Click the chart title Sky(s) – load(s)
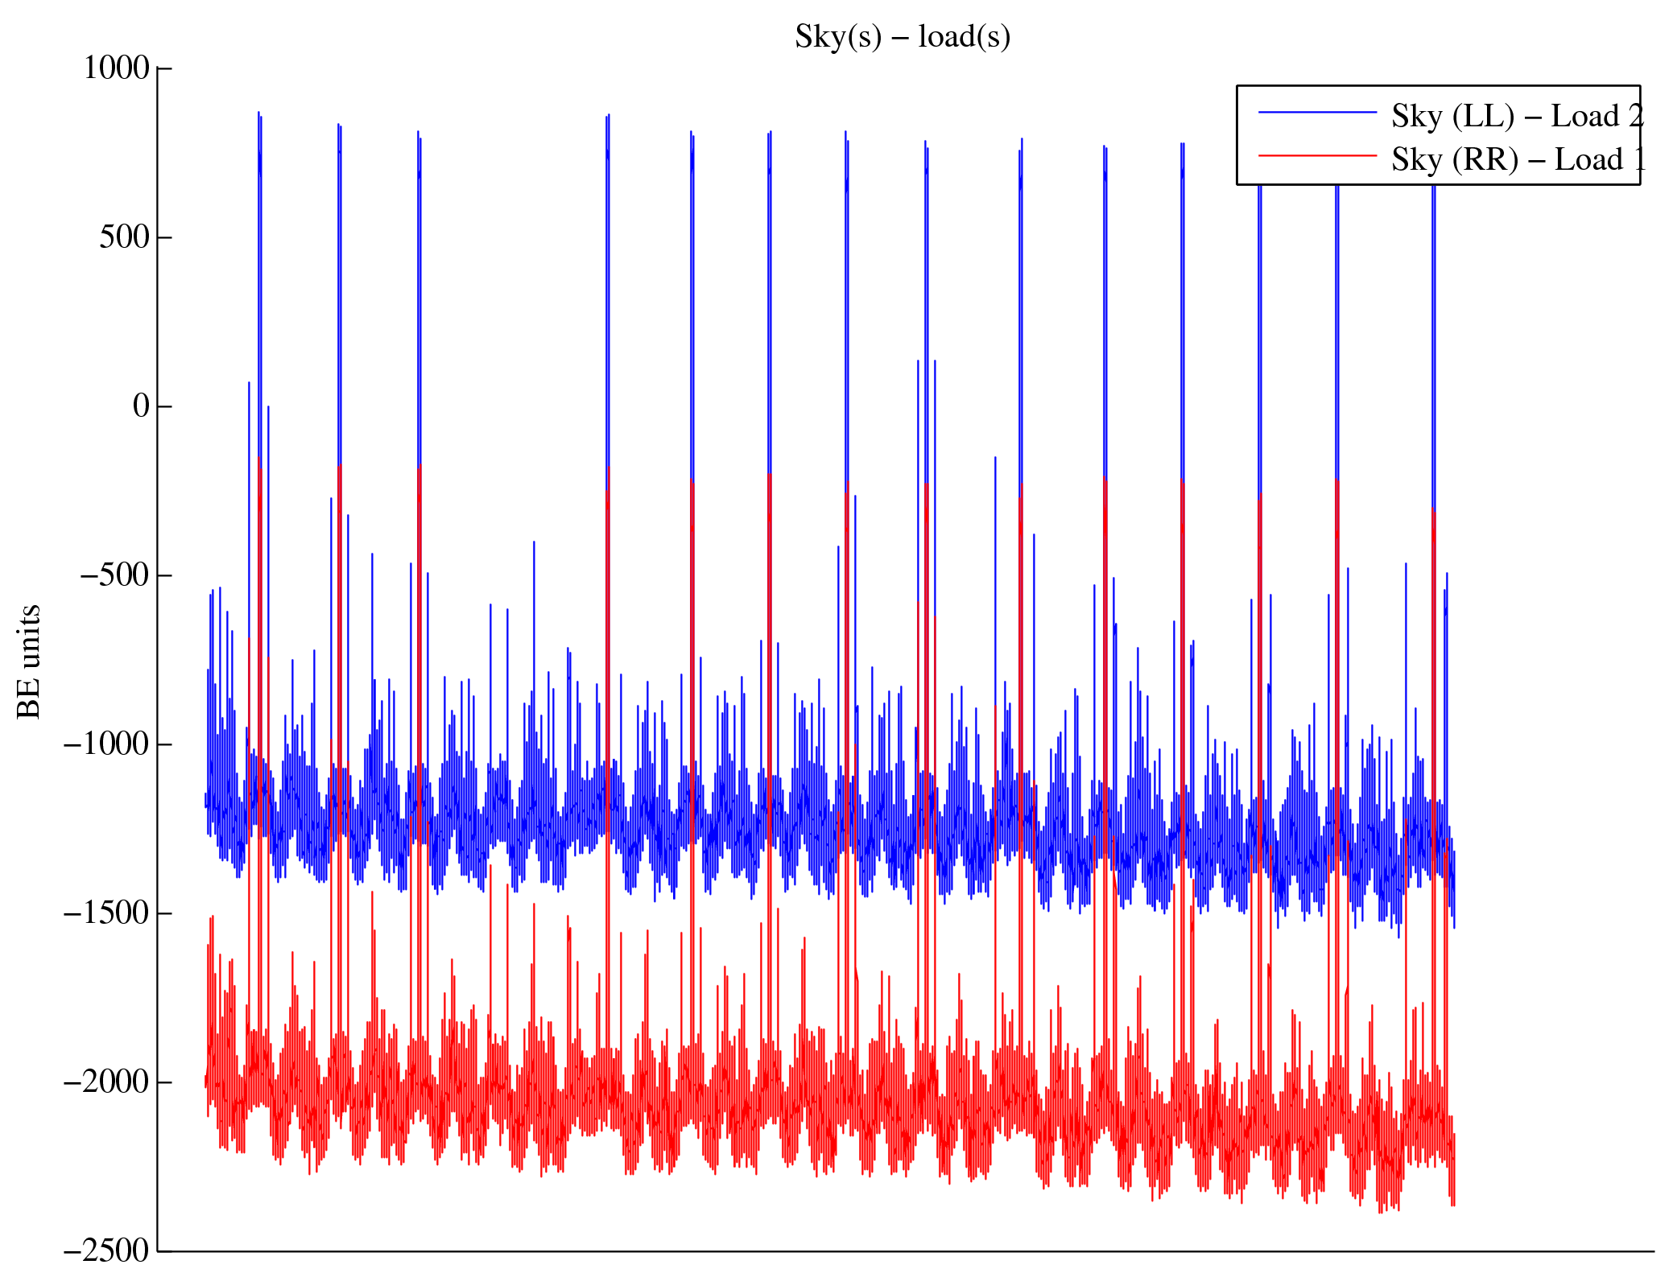tap(902, 37)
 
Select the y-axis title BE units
tap(29, 661)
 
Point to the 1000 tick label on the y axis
tap(117, 68)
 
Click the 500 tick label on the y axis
tap(125, 237)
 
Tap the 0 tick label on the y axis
tap(142, 406)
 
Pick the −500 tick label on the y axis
tap(114, 575)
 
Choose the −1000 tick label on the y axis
tap(106, 744)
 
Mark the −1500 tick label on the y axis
tap(106, 913)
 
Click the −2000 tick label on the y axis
tap(106, 1082)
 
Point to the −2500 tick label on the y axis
tap(106, 1250)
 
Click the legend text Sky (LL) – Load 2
tap(1517, 117)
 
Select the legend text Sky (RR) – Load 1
tap(1517, 160)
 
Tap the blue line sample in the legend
tap(1317, 113)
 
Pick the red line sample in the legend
tap(1317, 155)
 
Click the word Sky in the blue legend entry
tap(1416, 117)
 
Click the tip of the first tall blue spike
tap(258, 113)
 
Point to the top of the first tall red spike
tap(258, 459)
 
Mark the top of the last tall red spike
tap(1433, 511)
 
